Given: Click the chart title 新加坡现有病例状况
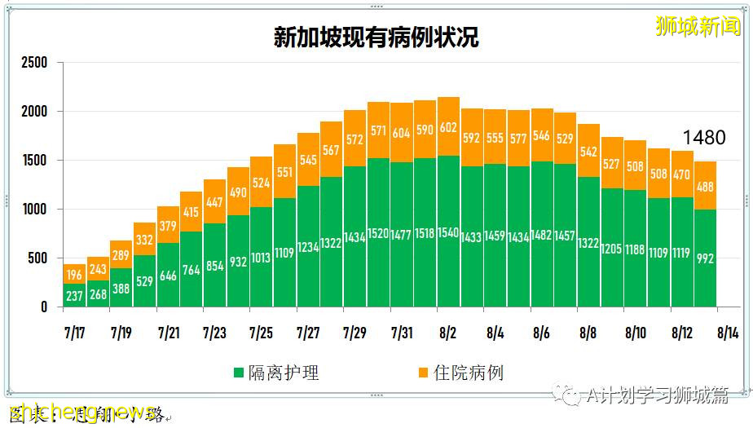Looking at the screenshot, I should (376, 38).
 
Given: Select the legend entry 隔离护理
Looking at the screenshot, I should (276, 373).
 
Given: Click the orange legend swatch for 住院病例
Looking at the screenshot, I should (422, 373).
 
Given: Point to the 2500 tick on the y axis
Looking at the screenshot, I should (34, 63).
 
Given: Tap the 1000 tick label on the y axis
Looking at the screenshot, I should (34, 210).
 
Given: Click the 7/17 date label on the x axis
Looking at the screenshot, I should (74, 333).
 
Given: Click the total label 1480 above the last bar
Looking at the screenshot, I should (703, 138).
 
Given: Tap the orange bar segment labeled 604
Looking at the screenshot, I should (401, 133).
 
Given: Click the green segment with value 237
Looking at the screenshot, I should (74, 295).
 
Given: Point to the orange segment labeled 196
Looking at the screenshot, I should (74, 274).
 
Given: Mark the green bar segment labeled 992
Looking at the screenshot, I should (706, 258).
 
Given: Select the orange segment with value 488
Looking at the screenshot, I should (706, 186).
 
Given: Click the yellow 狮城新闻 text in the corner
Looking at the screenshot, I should (698, 26).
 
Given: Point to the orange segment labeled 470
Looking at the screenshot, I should (682, 174).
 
